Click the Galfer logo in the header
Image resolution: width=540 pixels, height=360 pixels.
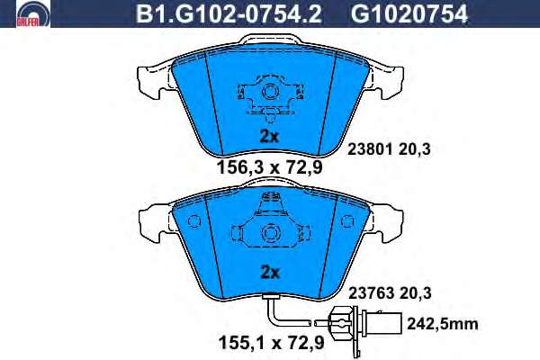click(x=33, y=13)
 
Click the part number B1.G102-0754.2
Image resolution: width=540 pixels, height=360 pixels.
click(x=229, y=13)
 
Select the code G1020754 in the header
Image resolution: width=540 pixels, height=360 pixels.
click(x=409, y=13)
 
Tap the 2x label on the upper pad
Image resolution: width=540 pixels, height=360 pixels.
click(x=269, y=137)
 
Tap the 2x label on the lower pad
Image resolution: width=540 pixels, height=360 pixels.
click(x=270, y=273)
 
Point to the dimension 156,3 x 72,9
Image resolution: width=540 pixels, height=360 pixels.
click(x=269, y=167)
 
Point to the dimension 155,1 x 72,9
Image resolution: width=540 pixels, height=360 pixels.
click(x=272, y=343)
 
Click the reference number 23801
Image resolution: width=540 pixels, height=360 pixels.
click(x=370, y=149)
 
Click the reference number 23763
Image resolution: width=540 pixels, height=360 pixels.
click(x=371, y=293)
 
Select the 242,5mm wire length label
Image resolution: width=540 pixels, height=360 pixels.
click(x=443, y=324)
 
